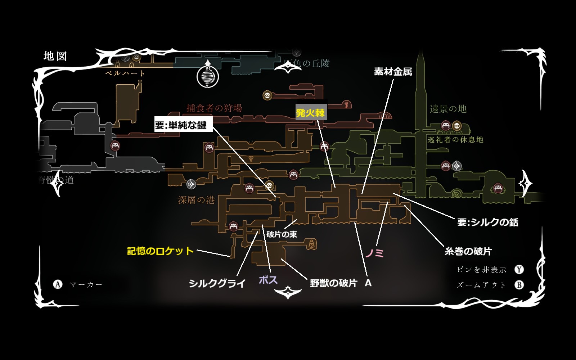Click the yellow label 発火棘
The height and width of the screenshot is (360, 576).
311,113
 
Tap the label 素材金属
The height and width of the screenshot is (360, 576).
393,72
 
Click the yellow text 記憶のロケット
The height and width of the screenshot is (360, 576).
160,251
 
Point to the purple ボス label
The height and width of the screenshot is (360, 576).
268,280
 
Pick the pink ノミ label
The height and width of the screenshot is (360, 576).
375,253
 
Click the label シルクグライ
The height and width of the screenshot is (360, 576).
217,283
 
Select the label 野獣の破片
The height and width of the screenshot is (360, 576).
333,283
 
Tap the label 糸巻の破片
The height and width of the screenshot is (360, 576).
468,251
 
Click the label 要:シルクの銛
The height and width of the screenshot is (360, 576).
488,222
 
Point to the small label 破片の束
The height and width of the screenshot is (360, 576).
282,234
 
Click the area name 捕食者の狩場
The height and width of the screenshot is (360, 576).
214,108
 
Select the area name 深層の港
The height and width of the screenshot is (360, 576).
197,200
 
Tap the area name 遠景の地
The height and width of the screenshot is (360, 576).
448,109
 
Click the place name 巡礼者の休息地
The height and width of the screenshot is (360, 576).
455,140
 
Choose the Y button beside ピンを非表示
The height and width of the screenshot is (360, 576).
519,270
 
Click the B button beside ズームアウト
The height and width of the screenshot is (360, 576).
519,285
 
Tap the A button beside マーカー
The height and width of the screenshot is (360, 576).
58,284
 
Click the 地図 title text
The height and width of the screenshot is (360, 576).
55,56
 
